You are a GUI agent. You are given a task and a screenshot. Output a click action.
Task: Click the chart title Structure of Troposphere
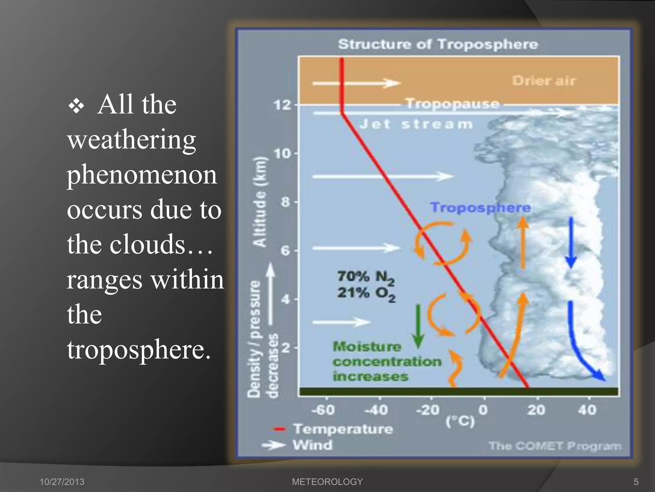438,44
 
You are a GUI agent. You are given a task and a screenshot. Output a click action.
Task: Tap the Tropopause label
452,104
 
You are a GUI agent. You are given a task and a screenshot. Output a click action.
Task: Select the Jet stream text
416,124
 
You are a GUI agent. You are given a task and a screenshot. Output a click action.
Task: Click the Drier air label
544,81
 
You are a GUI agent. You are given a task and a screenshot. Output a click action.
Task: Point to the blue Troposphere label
480,208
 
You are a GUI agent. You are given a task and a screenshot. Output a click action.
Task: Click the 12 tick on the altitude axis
282,105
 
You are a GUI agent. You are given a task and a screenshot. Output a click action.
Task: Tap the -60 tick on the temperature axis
323,410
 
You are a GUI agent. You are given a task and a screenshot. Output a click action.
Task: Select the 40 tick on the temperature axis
587,410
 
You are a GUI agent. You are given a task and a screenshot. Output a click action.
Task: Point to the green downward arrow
418,327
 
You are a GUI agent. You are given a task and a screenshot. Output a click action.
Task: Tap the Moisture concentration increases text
386,362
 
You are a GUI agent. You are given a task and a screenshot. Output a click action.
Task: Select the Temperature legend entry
343,429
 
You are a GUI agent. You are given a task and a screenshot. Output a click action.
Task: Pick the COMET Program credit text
555,446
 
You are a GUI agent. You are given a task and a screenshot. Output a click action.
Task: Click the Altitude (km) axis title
260,202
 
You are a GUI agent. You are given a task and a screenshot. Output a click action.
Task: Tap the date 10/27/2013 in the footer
62,482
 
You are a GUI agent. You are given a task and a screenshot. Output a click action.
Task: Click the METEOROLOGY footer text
327,482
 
